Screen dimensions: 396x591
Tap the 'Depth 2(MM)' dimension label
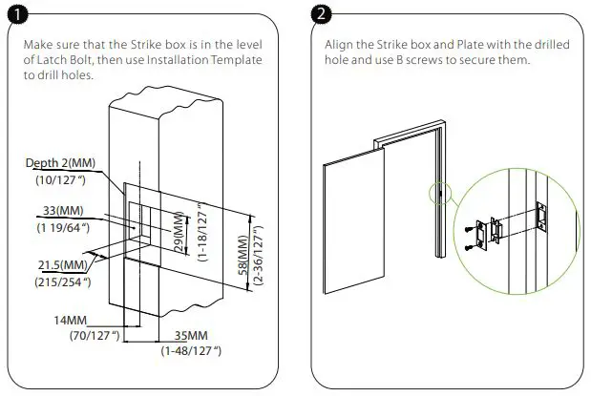click(58, 163)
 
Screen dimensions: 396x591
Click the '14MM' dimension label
click(72, 321)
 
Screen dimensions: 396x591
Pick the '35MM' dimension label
click(194, 336)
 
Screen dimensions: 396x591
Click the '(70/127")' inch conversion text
click(93, 335)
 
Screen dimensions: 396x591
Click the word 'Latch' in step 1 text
click(63, 60)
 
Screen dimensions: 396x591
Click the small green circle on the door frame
click(437, 194)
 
